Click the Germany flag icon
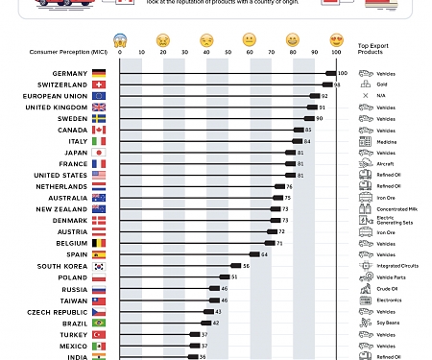click(99, 73)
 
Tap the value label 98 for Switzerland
click(337, 84)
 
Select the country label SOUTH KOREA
click(62, 266)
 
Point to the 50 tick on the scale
click(228, 52)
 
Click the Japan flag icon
click(99, 153)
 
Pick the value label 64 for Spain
click(265, 254)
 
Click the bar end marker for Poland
click(223, 276)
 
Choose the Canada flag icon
click(99, 130)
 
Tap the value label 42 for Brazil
click(217, 323)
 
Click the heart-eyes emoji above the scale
click(336, 39)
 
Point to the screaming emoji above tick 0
click(120, 39)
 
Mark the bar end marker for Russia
click(213, 288)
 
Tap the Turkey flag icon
click(99, 334)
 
